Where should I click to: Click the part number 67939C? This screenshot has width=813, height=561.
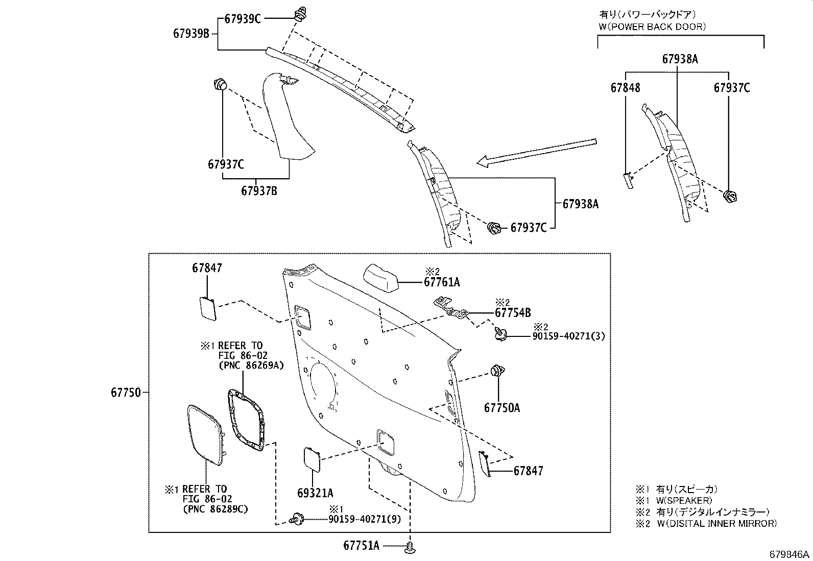tap(243, 19)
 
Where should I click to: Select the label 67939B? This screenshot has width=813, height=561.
tap(191, 34)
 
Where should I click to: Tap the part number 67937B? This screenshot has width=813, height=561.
tap(259, 191)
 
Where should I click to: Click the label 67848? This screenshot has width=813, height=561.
tap(625, 88)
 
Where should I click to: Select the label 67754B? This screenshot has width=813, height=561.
tap(513, 313)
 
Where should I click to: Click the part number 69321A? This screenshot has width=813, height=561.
tap(315, 493)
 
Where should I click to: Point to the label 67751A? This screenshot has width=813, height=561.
tap(361, 545)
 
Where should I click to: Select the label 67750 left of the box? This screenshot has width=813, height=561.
tap(126, 393)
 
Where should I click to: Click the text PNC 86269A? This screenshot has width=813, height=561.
tap(251, 365)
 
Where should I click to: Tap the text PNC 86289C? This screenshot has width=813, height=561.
tap(214, 509)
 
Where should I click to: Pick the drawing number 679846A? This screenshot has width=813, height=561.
tap(790, 555)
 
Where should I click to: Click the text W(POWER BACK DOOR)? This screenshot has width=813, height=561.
tap(652, 27)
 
